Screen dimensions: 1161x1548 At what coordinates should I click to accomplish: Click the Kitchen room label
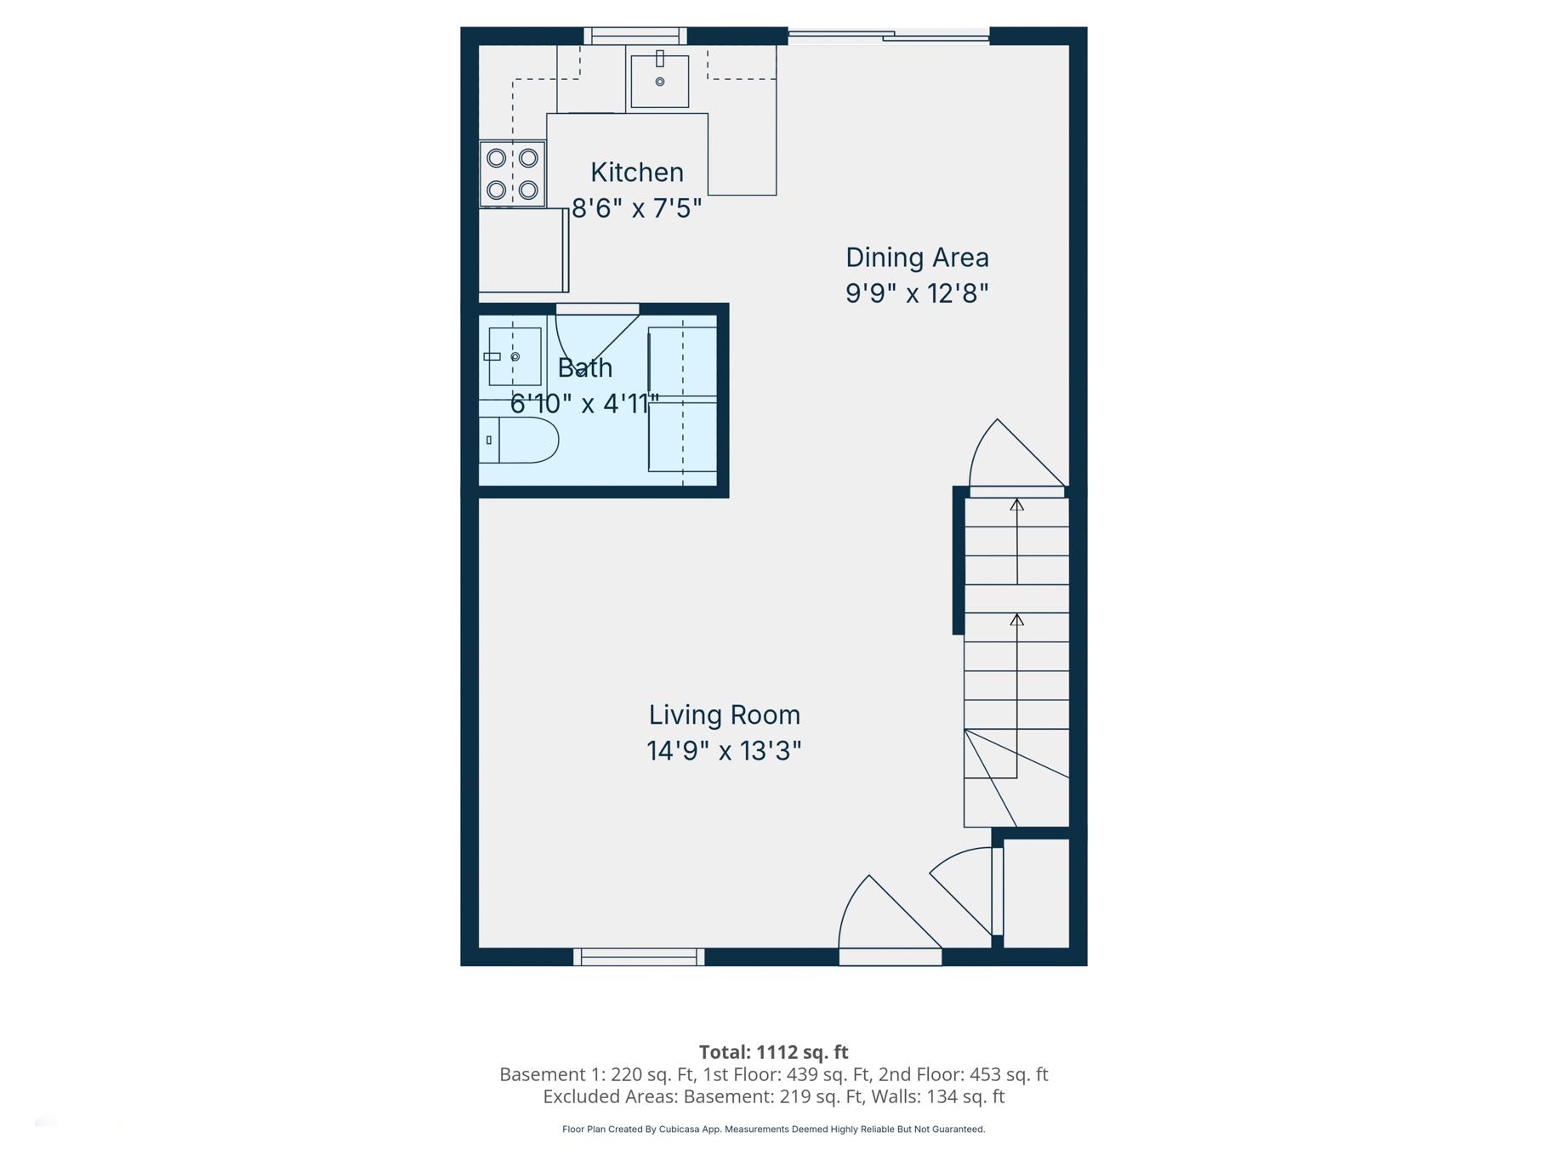coord(636,173)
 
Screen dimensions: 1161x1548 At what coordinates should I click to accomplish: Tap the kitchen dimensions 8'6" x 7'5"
coord(636,208)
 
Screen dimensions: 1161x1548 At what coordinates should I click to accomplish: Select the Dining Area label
coord(917,258)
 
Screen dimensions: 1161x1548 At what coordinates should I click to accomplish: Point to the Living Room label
coord(724,715)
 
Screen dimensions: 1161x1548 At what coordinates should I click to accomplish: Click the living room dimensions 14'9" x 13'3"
coord(724,751)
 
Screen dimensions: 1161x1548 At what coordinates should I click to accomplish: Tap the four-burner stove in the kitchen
coord(512,174)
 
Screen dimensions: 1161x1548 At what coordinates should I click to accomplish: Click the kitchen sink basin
coord(659,82)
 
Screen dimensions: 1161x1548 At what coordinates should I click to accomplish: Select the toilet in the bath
coord(520,440)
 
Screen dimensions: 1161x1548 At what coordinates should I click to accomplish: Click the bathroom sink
coord(515,356)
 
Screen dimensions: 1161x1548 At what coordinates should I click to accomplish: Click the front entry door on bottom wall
coord(890,957)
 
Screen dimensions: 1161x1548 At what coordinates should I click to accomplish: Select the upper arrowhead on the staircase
coord(1016,505)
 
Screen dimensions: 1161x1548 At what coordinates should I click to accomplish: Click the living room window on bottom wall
coord(639,957)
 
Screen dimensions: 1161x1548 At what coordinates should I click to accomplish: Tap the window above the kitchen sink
coord(635,36)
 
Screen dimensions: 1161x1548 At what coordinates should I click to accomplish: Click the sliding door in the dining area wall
coord(888,36)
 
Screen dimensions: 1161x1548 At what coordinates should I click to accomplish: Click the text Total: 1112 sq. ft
coord(773,1052)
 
